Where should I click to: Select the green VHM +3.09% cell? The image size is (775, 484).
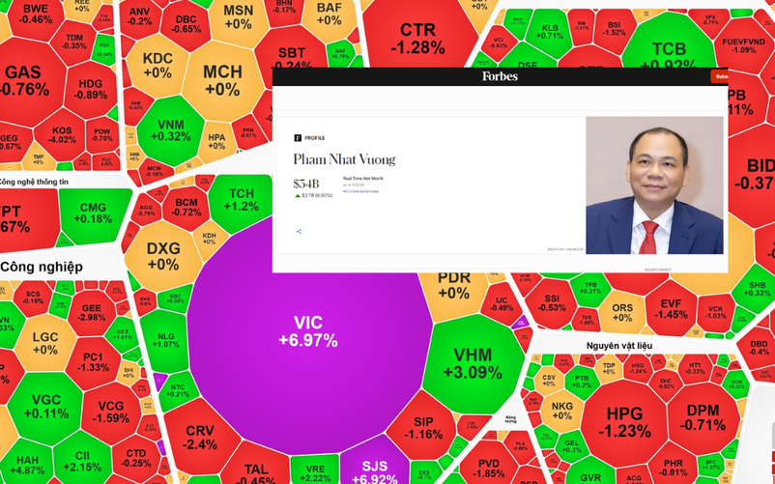tap(473, 363)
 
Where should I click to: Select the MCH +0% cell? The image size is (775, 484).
tap(222, 80)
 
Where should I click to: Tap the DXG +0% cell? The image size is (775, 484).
tap(163, 256)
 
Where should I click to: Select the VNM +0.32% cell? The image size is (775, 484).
tap(171, 130)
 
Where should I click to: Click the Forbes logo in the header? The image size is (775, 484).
tap(500, 76)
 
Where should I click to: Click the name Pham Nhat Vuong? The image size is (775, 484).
tap(344, 159)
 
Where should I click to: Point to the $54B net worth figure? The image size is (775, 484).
tap(306, 183)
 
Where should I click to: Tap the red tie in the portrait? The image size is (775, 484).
tap(648, 236)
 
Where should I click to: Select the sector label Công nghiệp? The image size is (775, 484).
tap(41, 266)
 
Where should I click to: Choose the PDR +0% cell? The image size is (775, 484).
tap(453, 285)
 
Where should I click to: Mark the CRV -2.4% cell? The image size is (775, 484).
tap(200, 437)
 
